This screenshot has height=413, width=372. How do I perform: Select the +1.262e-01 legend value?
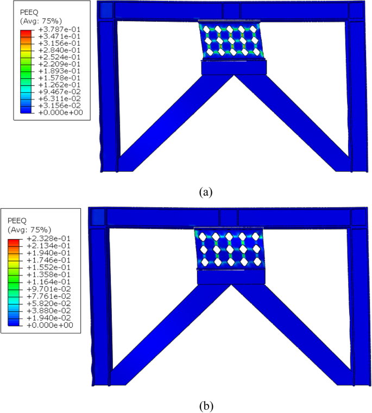point(58,84)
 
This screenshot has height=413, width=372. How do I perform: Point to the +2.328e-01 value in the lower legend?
point(49,240)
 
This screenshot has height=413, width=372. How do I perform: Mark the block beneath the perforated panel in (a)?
point(234,67)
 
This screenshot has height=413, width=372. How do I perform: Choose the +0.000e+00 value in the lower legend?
point(49,325)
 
